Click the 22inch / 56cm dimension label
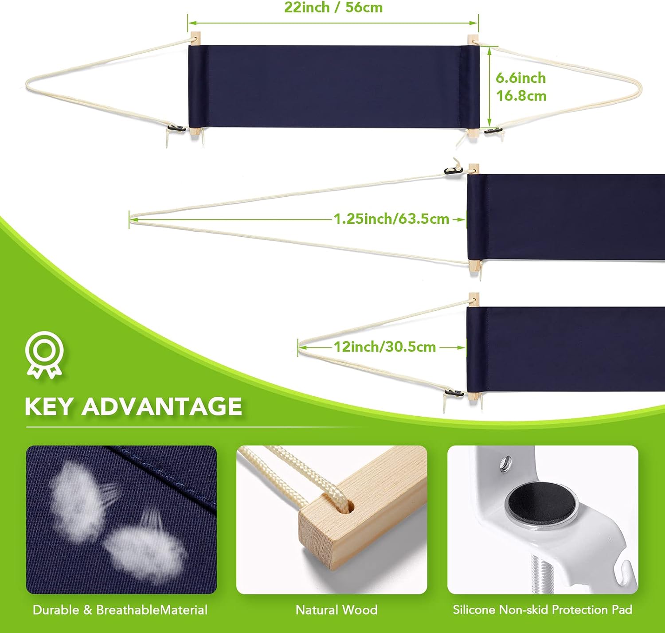pos(333,8)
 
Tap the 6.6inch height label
pos(521,78)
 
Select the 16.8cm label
pos(521,96)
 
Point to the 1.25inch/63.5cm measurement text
pos(391,219)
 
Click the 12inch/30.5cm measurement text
pos(384,347)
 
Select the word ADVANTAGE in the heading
pos(162,406)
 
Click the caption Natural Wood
pos(336,610)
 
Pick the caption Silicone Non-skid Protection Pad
pos(543,610)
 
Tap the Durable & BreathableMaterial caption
pos(120,610)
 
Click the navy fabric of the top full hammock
pos(334,87)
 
